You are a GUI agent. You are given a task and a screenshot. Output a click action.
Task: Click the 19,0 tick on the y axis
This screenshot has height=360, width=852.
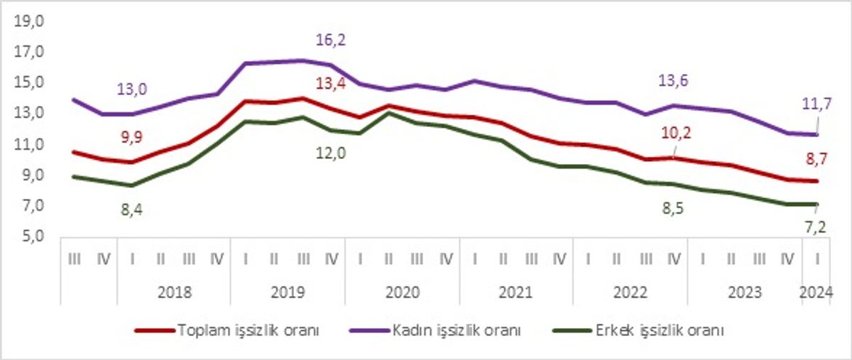29,21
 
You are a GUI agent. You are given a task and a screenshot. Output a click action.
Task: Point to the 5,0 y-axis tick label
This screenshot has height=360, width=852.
33,236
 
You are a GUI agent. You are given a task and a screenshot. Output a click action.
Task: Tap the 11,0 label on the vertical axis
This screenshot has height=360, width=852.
29,144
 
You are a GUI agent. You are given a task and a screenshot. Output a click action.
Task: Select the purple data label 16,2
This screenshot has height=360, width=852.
331,40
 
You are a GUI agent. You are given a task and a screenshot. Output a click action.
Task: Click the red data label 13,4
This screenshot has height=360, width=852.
331,83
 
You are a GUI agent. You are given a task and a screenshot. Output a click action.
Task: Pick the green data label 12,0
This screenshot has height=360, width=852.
331,153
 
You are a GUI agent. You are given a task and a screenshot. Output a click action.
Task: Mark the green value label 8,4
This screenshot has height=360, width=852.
131,209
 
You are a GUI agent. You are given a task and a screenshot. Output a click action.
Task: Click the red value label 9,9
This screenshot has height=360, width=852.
131,137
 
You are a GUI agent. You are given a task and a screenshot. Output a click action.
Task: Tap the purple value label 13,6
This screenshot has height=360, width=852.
673,81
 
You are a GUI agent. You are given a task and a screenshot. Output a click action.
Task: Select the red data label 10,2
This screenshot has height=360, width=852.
676,133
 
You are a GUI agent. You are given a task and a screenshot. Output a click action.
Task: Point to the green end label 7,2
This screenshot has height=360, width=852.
816,227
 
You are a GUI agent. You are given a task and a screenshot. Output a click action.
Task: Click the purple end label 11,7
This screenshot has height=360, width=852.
817,104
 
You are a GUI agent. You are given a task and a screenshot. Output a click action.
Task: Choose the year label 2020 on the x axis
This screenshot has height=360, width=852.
403,293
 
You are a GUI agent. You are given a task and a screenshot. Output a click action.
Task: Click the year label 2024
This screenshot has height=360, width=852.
816,293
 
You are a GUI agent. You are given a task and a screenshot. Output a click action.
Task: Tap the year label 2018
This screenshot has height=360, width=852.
175,293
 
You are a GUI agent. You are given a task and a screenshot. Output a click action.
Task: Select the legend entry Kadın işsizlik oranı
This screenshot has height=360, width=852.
435,330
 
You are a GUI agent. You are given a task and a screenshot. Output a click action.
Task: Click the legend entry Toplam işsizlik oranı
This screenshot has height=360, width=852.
227,330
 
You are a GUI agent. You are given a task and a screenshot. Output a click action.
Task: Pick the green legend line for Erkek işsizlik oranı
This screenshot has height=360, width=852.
572,330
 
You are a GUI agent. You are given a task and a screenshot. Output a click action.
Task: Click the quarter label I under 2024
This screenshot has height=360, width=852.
817,260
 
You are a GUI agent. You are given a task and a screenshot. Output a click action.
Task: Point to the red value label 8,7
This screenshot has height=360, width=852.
816,159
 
